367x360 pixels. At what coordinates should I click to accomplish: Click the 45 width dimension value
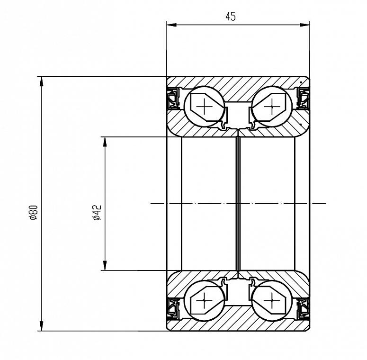click(x=231, y=17)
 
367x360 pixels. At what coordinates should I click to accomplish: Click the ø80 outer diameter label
click(x=34, y=213)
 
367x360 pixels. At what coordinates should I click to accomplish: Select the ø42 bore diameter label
click(x=97, y=213)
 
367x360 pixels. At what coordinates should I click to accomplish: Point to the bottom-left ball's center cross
click(x=204, y=300)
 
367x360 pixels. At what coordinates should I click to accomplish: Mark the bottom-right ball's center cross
click(x=272, y=300)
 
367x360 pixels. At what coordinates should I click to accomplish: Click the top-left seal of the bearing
click(x=173, y=99)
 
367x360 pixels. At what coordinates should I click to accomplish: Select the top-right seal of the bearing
click(x=303, y=99)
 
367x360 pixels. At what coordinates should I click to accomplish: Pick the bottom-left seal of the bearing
click(x=173, y=309)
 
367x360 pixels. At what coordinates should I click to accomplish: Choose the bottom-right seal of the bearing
click(x=303, y=309)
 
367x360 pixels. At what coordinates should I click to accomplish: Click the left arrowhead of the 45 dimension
click(x=171, y=25)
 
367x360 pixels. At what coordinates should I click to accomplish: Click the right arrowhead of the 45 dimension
click(x=304, y=25)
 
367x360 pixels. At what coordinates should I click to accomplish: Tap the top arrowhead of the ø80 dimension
click(x=41, y=81)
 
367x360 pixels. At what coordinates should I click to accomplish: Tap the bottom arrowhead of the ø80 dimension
click(x=41, y=326)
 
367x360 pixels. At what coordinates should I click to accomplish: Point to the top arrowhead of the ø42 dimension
click(x=105, y=142)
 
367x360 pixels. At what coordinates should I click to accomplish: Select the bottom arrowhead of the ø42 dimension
click(x=105, y=265)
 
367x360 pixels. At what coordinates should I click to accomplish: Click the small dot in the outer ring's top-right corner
click(x=301, y=82)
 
